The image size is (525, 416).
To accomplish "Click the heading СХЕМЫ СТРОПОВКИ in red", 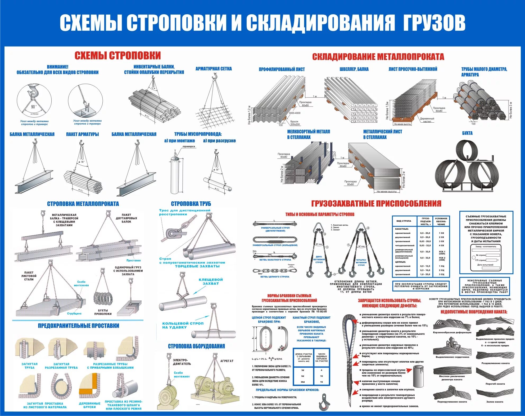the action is click(x=117, y=56).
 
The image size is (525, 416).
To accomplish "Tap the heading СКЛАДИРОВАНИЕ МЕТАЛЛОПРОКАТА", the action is click(x=378, y=57).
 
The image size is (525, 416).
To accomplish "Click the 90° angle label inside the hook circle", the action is click(x=33, y=107).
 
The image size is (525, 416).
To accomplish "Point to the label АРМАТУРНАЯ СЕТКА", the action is click(x=214, y=69).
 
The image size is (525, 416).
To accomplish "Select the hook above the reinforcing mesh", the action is click(x=214, y=77).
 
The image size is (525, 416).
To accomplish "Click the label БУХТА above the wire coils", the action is click(x=467, y=133).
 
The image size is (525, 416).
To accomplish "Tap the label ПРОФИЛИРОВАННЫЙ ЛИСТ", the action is click(x=282, y=70).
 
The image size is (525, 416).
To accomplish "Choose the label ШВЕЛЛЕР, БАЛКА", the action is click(x=354, y=69).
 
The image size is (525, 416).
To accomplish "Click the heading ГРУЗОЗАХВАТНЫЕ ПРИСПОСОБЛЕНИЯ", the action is click(x=376, y=204).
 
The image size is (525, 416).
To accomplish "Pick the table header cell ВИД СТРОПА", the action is click(x=404, y=221).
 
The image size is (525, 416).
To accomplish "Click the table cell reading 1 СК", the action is click(x=441, y=233).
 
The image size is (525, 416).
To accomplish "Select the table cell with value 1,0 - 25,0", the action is click(x=425, y=274).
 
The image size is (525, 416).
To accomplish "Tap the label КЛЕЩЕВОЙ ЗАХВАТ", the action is click(x=211, y=281).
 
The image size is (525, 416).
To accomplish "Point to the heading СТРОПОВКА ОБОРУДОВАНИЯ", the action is click(x=196, y=346).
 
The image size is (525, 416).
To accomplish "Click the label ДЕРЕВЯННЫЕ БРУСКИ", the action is click(x=90, y=405).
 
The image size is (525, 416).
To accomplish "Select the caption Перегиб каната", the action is click(x=495, y=384).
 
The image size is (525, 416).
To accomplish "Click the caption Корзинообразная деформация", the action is click(x=452, y=332).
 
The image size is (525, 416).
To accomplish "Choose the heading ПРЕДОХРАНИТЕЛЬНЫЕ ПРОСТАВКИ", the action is click(x=79, y=326).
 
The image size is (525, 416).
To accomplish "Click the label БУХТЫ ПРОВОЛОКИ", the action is click(x=103, y=312).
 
